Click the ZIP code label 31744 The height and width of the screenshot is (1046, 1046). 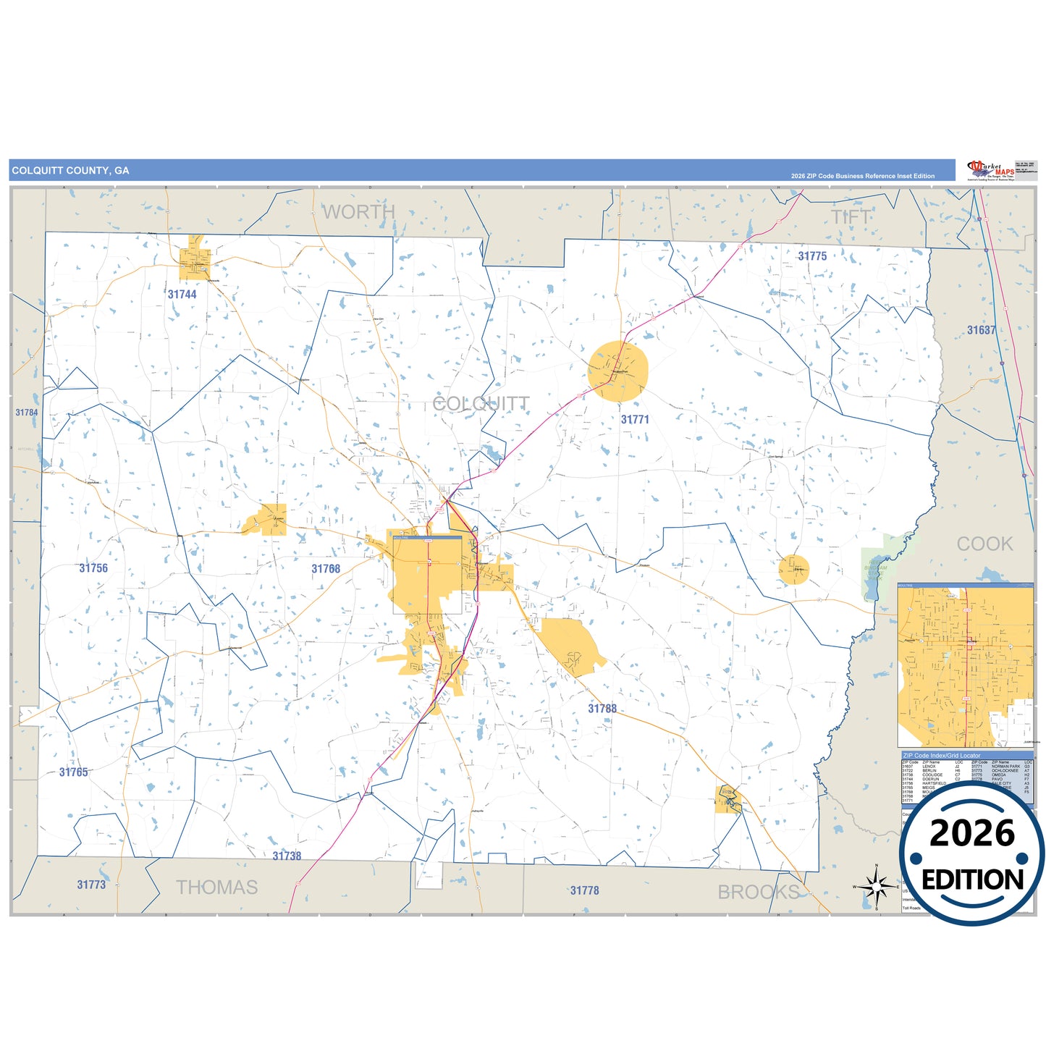182,295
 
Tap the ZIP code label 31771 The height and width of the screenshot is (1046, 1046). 635,420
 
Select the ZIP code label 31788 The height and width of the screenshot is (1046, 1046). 602,709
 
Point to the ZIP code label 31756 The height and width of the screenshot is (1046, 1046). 93,568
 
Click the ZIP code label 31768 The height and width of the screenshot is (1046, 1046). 326,569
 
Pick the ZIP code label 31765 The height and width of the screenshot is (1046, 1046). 73,772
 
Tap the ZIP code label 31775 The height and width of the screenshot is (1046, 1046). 812,256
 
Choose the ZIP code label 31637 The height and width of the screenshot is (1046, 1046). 981,330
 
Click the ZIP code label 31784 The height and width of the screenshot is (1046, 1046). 27,413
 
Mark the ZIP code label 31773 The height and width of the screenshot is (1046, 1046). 91,885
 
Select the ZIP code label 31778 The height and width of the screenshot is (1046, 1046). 584,890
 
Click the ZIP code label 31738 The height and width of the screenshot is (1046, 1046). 287,856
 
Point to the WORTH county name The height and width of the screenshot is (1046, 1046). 358,212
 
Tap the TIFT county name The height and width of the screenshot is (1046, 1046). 851,216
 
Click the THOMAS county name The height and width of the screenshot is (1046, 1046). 216,887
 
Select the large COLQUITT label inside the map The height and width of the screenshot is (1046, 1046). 481,403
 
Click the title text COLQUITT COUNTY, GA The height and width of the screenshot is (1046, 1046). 70,171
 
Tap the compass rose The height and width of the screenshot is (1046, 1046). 876,887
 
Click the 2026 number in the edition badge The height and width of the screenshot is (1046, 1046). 971,833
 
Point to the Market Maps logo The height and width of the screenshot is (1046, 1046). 990,171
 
